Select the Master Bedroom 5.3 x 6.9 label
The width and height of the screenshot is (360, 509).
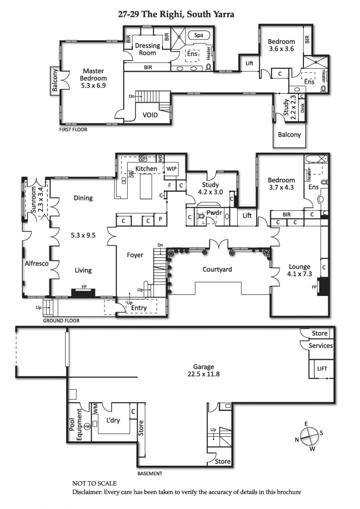click(x=93, y=79)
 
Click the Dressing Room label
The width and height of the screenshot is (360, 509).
click(x=147, y=49)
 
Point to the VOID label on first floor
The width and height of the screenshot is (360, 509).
click(x=150, y=115)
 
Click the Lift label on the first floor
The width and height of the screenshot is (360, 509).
click(x=250, y=63)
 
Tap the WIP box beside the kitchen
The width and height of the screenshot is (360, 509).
click(x=171, y=168)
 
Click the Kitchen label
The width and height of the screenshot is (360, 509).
click(x=146, y=168)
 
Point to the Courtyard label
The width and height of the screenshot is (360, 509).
click(x=218, y=269)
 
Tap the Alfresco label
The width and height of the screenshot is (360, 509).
click(x=36, y=264)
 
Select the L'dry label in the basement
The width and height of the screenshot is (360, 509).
click(x=113, y=421)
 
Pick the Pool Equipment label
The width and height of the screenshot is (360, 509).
click(x=75, y=424)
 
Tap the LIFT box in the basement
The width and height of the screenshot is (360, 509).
click(x=322, y=369)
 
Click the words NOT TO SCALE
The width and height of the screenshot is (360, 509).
click(x=94, y=484)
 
